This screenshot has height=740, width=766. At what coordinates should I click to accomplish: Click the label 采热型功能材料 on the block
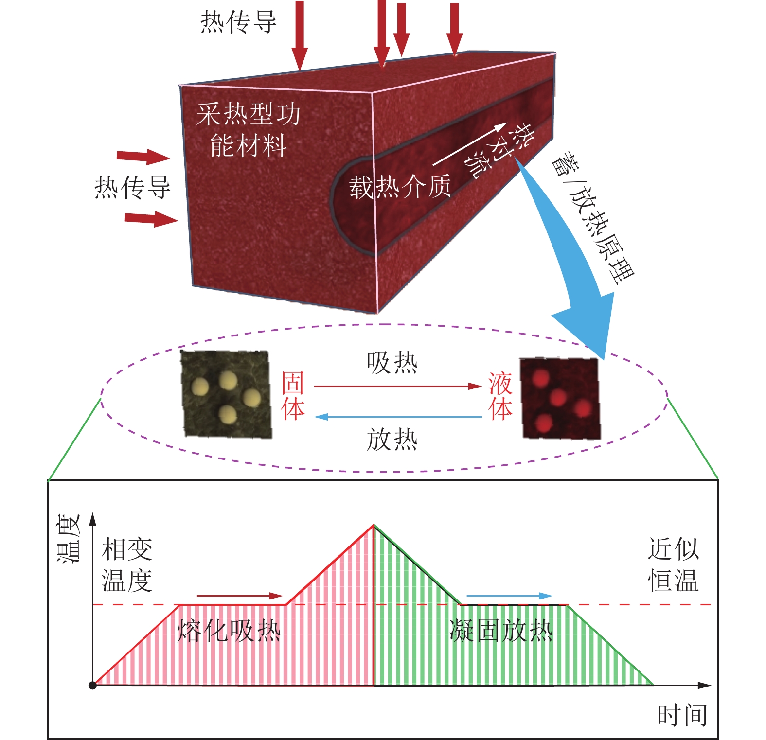point(248,130)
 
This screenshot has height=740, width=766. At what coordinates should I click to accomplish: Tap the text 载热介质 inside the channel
point(400,187)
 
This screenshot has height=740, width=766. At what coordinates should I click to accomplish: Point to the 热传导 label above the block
point(238,22)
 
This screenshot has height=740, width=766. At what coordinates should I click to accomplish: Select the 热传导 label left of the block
point(132,188)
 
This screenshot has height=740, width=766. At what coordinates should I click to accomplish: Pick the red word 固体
point(293,395)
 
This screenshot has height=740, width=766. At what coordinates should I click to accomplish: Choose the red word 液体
point(500,396)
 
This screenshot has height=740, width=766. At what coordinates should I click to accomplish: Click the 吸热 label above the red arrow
point(392,363)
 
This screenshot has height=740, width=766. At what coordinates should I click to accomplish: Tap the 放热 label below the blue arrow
point(392,440)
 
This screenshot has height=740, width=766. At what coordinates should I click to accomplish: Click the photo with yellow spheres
point(226,394)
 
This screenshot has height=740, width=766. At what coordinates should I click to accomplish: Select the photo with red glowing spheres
point(560,399)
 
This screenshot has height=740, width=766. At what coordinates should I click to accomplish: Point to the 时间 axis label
point(682,715)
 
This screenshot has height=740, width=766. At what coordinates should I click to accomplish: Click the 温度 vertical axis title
point(68,538)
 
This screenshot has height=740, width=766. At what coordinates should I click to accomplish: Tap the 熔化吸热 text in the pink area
point(229,631)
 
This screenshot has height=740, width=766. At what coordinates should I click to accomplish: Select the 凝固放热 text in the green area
point(501,631)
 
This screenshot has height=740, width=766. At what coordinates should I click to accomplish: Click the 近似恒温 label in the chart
point(673,564)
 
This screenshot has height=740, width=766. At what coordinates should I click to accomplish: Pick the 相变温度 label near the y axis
point(127,565)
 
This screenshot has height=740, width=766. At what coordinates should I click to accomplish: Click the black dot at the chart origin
point(92,686)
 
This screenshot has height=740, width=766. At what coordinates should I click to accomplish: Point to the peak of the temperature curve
point(374,526)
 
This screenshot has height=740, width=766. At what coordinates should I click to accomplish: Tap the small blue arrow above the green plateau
point(509,596)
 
